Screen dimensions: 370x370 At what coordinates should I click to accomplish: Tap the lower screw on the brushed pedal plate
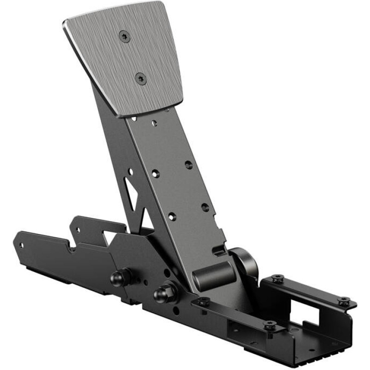pos(141,79)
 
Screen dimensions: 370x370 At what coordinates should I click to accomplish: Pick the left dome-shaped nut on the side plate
pos(119,277)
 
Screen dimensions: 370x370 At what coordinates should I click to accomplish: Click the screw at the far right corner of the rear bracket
pos(343,301)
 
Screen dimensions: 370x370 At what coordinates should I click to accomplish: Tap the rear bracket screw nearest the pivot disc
pos(277,278)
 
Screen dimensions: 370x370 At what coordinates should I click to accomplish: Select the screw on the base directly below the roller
pos(203,302)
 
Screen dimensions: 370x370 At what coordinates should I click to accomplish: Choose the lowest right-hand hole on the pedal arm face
pos(205,207)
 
